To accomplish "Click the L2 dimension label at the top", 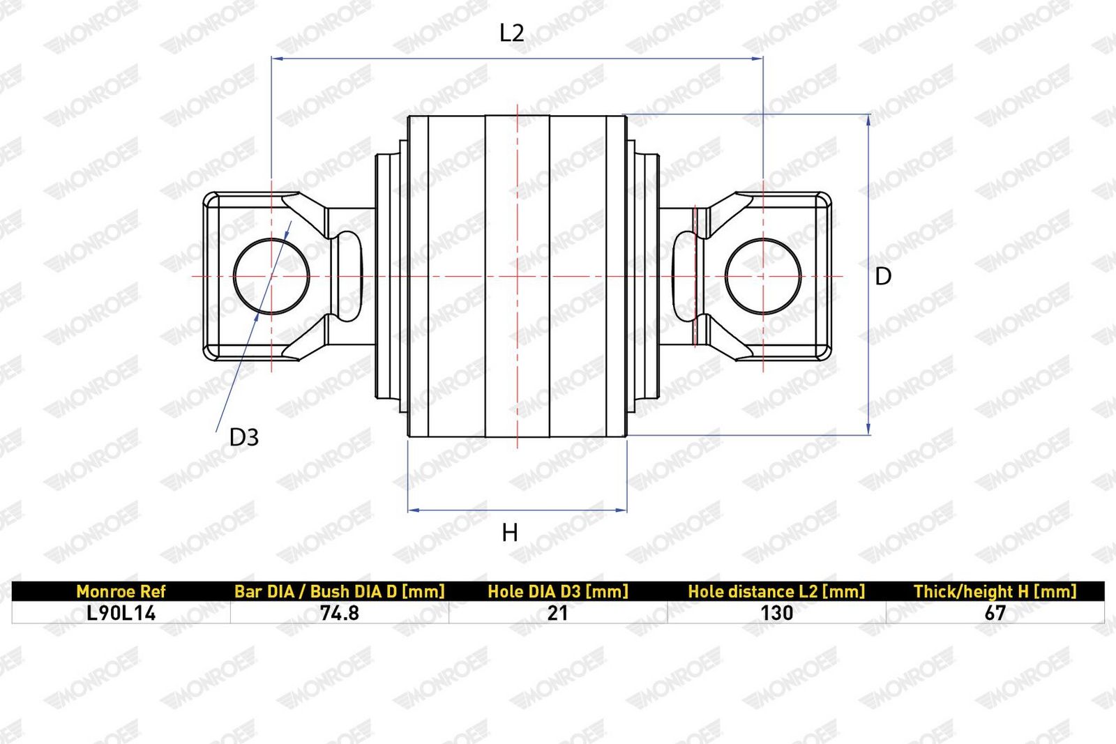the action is [x=512, y=33].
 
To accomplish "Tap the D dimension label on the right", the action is [x=883, y=276].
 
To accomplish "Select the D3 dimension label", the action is [x=243, y=437].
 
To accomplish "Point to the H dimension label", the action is [x=510, y=533].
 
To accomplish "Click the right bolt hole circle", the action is [x=725, y=276].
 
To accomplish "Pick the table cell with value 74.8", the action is [x=339, y=613].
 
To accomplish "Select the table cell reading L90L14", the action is [x=121, y=613].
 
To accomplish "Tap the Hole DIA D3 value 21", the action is [x=557, y=613].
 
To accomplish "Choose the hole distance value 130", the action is [x=777, y=613].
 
